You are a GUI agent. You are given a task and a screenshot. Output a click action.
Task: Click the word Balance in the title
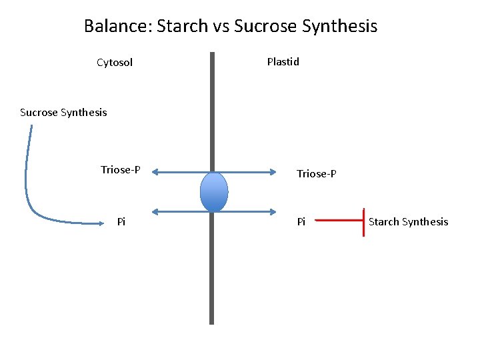(x=117, y=27)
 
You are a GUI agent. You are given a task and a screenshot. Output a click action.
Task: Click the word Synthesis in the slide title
(x=339, y=27)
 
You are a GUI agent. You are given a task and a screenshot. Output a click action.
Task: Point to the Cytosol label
(x=115, y=63)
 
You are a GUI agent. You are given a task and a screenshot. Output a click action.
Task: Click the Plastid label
(x=283, y=62)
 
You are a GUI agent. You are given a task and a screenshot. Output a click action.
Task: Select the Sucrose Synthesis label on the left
(x=63, y=112)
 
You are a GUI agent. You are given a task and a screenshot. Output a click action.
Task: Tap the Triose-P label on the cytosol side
(x=120, y=169)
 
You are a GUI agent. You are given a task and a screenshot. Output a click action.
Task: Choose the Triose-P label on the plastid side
(x=316, y=174)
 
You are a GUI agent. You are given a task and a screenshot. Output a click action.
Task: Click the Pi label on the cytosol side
(x=121, y=221)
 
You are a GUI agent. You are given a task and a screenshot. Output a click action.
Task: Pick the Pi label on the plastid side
(x=301, y=221)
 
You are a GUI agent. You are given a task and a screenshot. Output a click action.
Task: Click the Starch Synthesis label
(x=408, y=221)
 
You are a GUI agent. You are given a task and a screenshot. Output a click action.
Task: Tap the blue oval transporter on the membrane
(x=214, y=192)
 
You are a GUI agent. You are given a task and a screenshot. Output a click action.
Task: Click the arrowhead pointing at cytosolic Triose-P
(x=154, y=172)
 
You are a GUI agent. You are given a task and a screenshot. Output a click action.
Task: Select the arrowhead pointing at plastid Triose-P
(x=273, y=172)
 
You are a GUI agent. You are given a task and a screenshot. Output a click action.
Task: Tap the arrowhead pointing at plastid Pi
(x=273, y=212)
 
